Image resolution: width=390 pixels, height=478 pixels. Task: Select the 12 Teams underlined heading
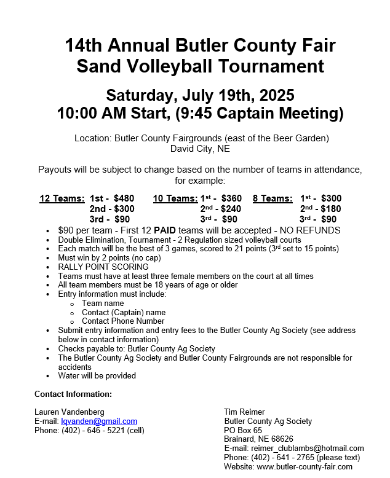pyautogui.click(x=62, y=198)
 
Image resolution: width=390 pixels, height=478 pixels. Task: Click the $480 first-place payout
pyautogui.click(x=124, y=198)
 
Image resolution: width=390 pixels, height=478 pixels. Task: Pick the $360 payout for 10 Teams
pyautogui.click(x=231, y=198)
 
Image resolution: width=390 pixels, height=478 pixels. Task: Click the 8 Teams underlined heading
pyautogui.click(x=273, y=198)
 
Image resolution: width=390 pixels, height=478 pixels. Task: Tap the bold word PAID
pyautogui.click(x=166, y=230)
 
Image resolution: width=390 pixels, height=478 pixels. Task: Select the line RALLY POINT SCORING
pyautogui.click(x=103, y=267)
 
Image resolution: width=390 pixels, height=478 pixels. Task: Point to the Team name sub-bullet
pyautogui.click(x=103, y=303)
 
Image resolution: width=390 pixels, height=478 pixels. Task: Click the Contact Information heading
pyautogui.click(x=73, y=394)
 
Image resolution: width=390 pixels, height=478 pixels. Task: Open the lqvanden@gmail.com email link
pyautogui.click(x=99, y=421)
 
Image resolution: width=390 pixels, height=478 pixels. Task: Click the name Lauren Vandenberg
pyautogui.click(x=70, y=412)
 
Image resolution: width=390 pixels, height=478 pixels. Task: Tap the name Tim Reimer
pyautogui.click(x=245, y=412)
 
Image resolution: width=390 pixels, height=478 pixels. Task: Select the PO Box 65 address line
pyautogui.click(x=243, y=430)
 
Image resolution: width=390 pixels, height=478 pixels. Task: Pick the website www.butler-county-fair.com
pyautogui.click(x=304, y=466)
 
